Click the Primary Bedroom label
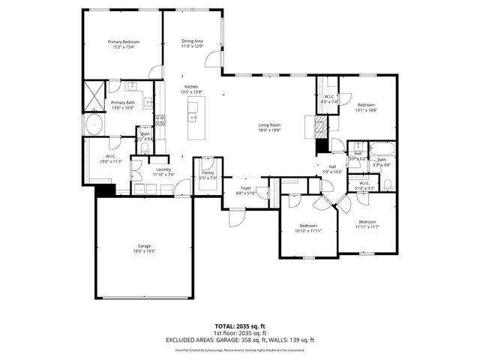124,42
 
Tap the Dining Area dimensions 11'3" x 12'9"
192,46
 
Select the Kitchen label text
192,86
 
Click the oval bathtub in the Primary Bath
95,124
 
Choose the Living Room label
269,124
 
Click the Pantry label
208,172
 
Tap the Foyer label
246,187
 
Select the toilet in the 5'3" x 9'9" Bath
388,184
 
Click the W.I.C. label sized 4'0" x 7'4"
329,97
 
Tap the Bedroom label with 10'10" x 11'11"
307,226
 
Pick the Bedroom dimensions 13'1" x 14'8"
366,110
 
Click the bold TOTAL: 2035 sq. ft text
240,326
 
